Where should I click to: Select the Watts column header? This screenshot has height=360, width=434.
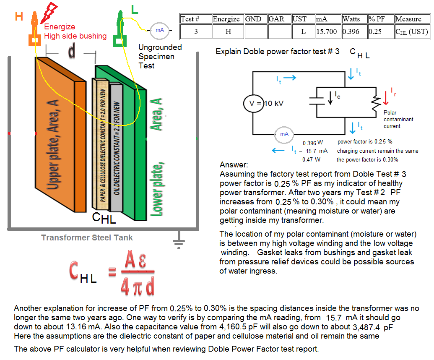tap(351, 19)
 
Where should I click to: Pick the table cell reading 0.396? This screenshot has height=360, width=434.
tap(351, 31)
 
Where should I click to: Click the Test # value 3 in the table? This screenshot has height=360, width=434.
tap(196, 31)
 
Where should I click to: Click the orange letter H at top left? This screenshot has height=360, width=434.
tap(19, 17)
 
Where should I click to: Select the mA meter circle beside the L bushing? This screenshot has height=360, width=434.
tap(160, 30)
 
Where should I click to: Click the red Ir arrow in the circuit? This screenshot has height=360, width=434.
tap(387, 96)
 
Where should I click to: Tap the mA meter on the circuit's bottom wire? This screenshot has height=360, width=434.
tap(284, 134)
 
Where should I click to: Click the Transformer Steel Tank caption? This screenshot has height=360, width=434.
tap(87, 238)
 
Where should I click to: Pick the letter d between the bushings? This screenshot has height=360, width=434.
tap(72, 51)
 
